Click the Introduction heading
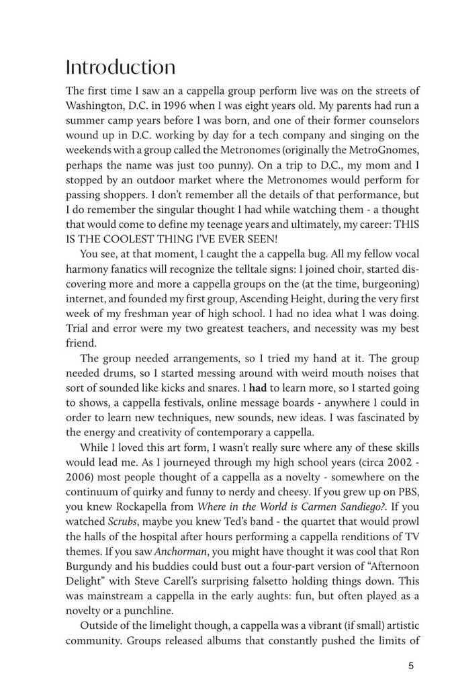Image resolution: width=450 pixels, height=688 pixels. point(120,67)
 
